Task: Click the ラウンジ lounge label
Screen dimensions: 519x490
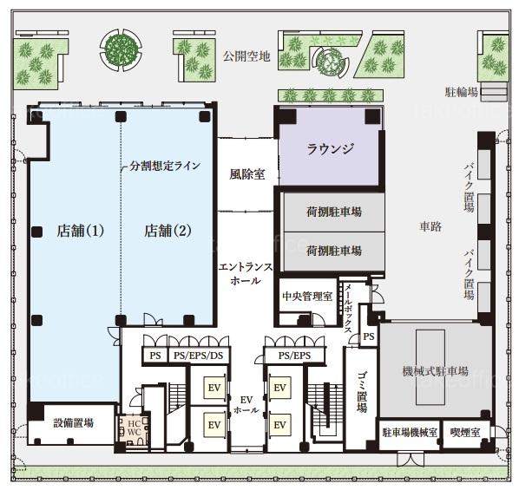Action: (x=330, y=148)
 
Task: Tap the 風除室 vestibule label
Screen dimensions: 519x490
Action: (x=247, y=174)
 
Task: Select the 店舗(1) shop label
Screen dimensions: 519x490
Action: (x=80, y=231)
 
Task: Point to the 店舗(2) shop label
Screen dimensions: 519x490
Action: (x=168, y=231)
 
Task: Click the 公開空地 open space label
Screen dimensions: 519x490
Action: (x=246, y=56)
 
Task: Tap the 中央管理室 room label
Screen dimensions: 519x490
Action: (x=307, y=296)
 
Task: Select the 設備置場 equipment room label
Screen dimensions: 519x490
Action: (x=74, y=423)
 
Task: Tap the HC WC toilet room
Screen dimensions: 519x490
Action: (x=134, y=429)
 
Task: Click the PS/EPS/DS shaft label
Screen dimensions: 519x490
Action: (x=198, y=356)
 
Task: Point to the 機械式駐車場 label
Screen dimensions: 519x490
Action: (x=436, y=371)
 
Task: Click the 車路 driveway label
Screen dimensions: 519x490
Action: (x=430, y=226)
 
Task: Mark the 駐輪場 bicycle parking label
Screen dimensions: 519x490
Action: (x=462, y=92)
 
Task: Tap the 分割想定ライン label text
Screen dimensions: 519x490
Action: (x=165, y=166)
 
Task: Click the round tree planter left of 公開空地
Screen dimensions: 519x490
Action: (x=122, y=50)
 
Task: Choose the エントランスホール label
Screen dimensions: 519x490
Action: (x=246, y=273)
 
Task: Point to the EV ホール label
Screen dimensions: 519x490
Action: (x=246, y=405)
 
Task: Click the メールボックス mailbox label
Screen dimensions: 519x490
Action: (x=348, y=309)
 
